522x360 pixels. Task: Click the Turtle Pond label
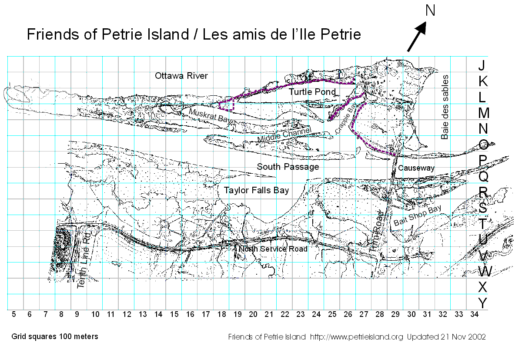pyautogui.click(x=312, y=92)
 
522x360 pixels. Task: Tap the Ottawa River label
pyautogui.click(x=181, y=76)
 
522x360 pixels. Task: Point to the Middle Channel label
pyautogui.click(x=284, y=135)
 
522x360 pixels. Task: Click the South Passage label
pyautogui.click(x=288, y=167)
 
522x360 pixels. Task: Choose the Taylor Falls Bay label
pyautogui.click(x=256, y=190)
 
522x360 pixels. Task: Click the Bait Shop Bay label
pyautogui.click(x=417, y=215)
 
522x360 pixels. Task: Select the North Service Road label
pyautogui.click(x=273, y=249)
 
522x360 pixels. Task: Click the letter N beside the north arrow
pyautogui.click(x=430, y=10)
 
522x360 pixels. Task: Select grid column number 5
pyautogui.click(x=14, y=314)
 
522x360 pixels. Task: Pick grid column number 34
pyautogui.click(x=474, y=314)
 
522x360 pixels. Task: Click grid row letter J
pyautogui.click(x=481, y=65)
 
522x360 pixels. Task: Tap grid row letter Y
pyautogui.click(x=482, y=303)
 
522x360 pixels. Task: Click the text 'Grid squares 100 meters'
pyautogui.click(x=55, y=336)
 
